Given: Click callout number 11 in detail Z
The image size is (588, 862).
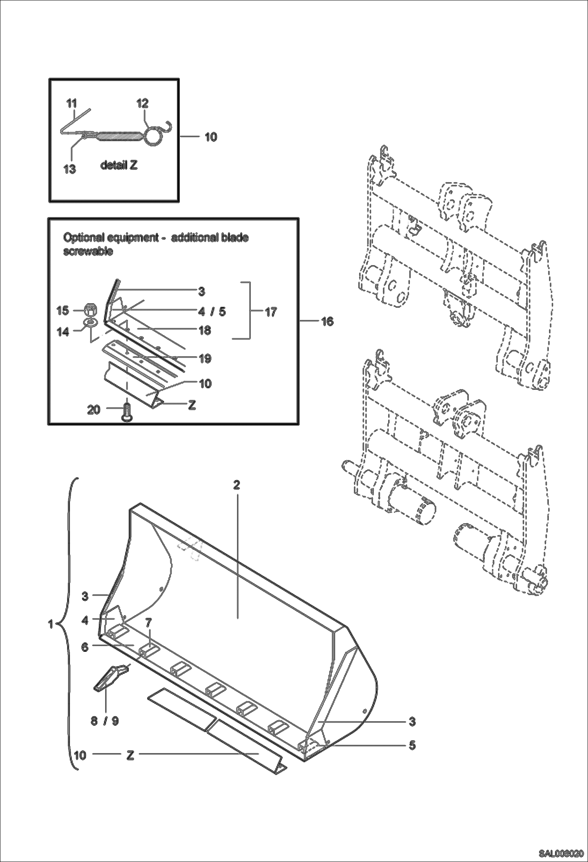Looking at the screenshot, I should coord(71,104).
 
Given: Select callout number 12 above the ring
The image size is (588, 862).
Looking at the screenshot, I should coord(142,104).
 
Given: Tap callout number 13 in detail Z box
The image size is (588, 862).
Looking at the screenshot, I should coord(69,170).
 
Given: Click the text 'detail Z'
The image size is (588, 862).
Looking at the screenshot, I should coord(119,165).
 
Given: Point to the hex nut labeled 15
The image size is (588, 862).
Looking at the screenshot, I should coord(90,310).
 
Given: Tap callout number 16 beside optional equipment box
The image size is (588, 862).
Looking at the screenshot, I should coord(327,322).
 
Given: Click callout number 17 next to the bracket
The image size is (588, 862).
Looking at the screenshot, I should coord(271,312).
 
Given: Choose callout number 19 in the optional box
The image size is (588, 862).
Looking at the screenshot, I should coord(205,358).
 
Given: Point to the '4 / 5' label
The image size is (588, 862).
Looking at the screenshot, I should coord(212,312).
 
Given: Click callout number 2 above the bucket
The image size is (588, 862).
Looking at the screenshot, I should coord(236,485).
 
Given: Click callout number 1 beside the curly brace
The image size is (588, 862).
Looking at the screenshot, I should coord(50,624).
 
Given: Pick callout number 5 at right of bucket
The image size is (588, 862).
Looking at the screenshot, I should coord(412,745).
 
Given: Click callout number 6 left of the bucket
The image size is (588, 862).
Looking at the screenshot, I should coord(84,647).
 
